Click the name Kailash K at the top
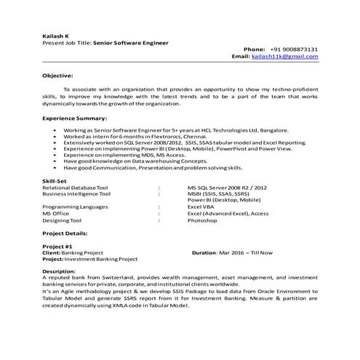pos(55,36)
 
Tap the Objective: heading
pos(57,75)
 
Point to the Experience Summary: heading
pos(74,117)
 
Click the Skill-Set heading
pos(55,180)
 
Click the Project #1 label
pos(56,247)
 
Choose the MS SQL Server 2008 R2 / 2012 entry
pos(226,187)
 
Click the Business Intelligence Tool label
pos(76,193)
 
